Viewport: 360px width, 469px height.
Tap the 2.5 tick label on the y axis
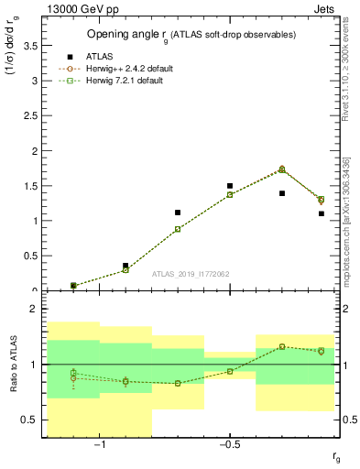click(32, 115)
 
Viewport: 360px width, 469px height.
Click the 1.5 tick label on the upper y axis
click(32, 186)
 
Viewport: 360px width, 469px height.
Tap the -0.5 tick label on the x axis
click(229, 446)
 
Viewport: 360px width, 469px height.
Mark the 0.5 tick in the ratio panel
click(32, 420)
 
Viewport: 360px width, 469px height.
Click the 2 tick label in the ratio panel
click(35, 310)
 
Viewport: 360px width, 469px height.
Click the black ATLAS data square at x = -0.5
click(230, 186)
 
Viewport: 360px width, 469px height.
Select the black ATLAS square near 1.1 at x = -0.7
click(178, 213)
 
